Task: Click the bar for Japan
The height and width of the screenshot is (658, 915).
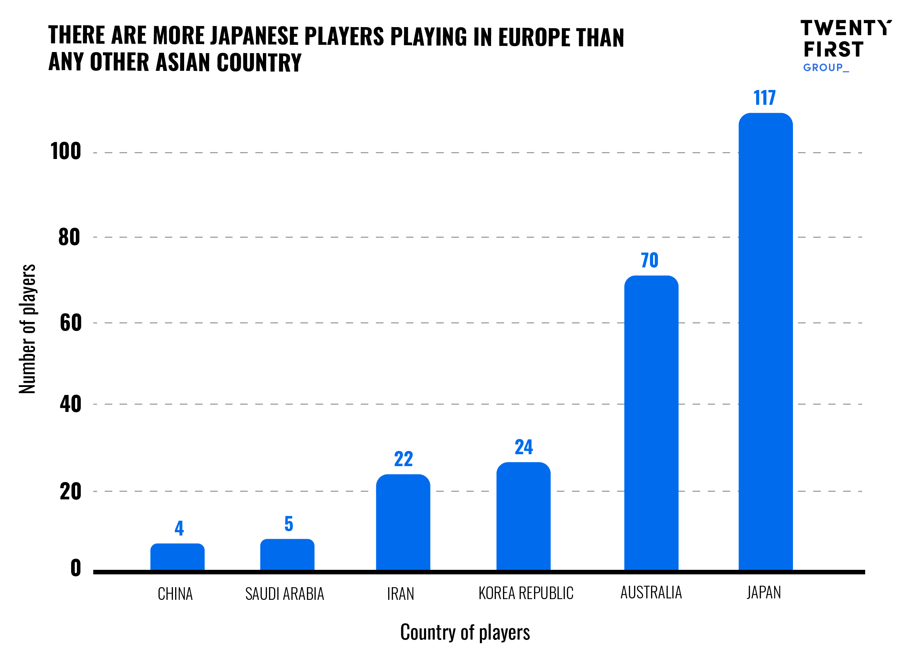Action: coord(765,343)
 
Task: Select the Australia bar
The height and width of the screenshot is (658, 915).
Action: coord(651,424)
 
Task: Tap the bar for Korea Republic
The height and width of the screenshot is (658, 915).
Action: coord(523,517)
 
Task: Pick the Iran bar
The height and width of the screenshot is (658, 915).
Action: coord(403,523)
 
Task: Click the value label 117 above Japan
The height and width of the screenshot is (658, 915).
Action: coord(764,98)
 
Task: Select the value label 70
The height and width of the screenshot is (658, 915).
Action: coord(650,261)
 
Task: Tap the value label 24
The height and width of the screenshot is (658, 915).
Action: coord(524,447)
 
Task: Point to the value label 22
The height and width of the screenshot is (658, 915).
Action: coord(403,459)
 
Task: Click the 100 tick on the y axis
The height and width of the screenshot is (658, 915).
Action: coord(66,152)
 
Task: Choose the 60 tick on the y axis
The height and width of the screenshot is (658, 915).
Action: coord(71,323)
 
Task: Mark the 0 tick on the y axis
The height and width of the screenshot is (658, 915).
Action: coord(75,568)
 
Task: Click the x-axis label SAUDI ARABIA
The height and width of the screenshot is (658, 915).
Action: coord(285,594)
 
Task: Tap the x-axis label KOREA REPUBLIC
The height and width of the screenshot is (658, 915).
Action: coord(526,593)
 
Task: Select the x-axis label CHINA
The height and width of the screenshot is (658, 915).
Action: coord(175,594)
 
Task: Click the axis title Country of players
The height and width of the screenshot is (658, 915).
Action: coord(465,632)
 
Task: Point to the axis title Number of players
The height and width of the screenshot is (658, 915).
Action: coord(27,329)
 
